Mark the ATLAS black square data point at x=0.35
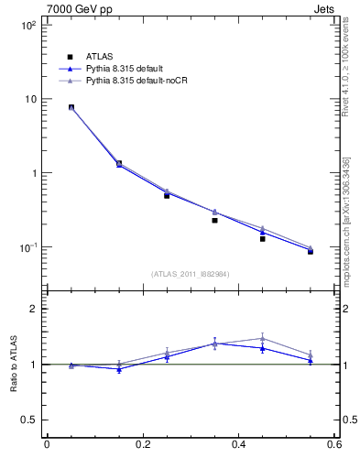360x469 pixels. (x=214, y=220)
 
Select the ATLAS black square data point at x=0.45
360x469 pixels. (x=262, y=238)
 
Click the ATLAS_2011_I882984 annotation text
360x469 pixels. (x=191, y=274)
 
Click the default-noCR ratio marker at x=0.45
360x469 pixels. (x=262, y=338)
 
